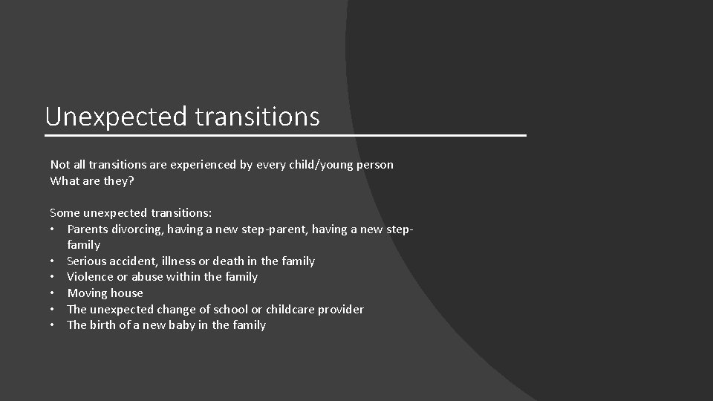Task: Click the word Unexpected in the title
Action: click(117, 117)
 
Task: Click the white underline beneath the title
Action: click(285, 136)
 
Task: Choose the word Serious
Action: click(87, 261)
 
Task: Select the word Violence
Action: click(91, 277)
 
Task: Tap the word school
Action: click(231, 309)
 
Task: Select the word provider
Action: click(342, 309)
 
